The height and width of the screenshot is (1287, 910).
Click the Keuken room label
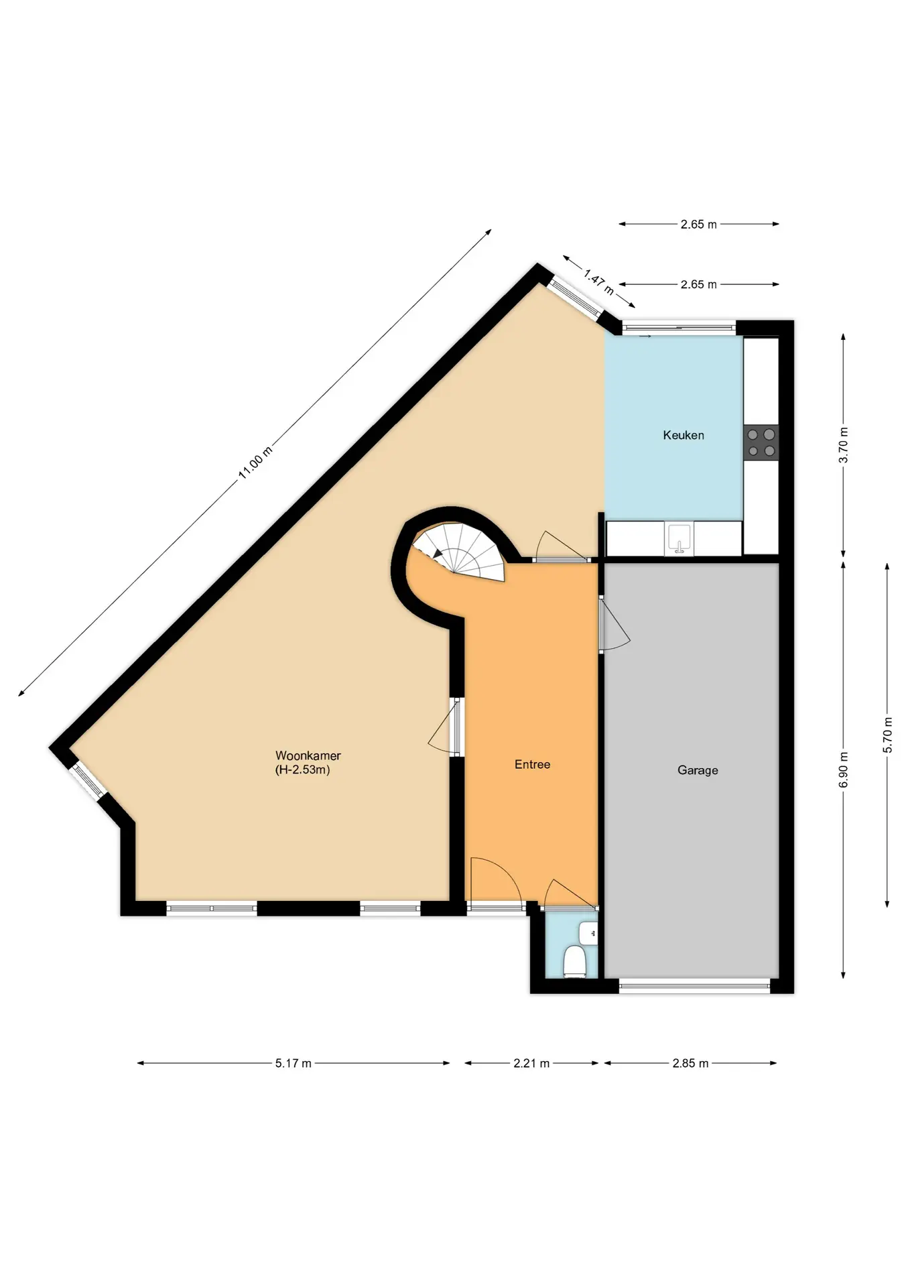pyautogui.click(x=684, y=435)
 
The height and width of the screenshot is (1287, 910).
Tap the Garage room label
pyautogui.click(x=698, y=770)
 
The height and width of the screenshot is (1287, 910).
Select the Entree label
pyautogui.click(x=532, y=764)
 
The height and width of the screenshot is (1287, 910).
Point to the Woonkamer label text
pyautogui.click(x=308, y=755)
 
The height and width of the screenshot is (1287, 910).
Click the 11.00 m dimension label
pyautogui.click(x=255, y=463)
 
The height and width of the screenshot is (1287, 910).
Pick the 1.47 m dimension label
pyautogui.click(x=598, y=282)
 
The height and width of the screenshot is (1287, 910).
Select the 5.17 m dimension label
pyautogui.click(x=293, y=1063)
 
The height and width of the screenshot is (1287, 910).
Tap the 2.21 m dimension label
pyautogui.click(x=531, y=1063)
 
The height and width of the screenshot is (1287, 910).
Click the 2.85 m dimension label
pyautogui.click(x=690, y=1063)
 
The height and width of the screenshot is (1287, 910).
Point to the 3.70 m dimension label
pyautogui.click(x=844, y=445)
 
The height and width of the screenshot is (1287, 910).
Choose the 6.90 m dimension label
pyautogui.click(x=844, y=770)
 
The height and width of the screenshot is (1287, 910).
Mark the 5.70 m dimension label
pyautogui.click(x=888, y=735)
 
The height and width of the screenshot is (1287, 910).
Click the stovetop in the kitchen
pyautogui.click(x=761, y=442)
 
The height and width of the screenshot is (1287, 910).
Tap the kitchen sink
pyautogui.click(x=679, y=540)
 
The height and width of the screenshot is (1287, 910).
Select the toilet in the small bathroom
pyautogui.click(x=574, y=961)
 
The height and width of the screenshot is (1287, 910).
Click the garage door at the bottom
pyautogui.click(x=694, y=985)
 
